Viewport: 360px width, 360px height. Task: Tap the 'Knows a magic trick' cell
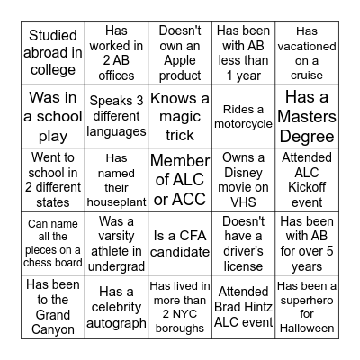click(x=179, y=116)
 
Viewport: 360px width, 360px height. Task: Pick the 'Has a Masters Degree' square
click(x=307, y=116)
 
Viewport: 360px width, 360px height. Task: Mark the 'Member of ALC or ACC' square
click(x=179, y=179)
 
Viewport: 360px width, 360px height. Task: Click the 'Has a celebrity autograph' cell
click(x=116, y=307)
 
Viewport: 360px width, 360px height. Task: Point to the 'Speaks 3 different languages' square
click(x=116, y=116)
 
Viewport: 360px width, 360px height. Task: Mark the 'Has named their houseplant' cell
click(x=116, y=179)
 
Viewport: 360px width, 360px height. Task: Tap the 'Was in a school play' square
click(x=53, y=116)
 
